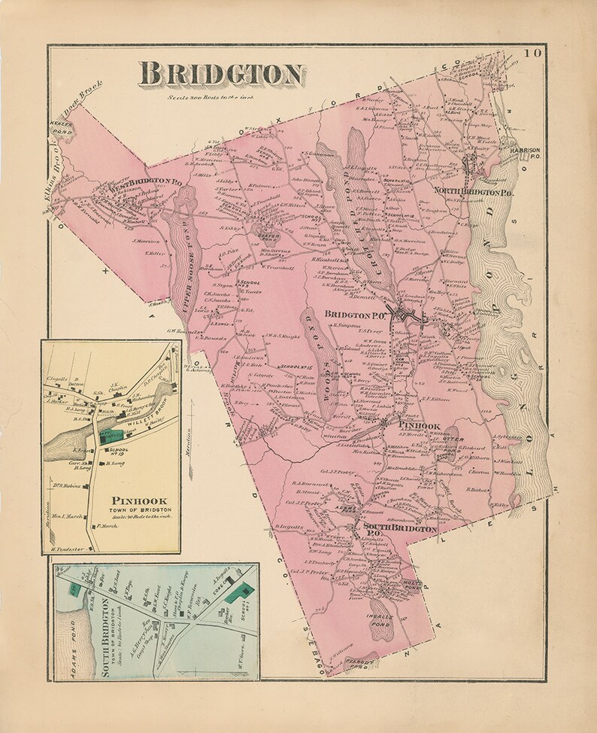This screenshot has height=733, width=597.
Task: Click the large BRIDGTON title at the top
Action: point(220,74)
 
